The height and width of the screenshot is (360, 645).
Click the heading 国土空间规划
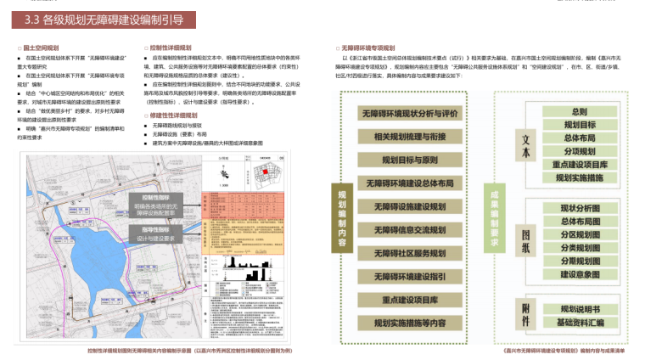click(x=42, y=48)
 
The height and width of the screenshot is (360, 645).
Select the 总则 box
click(x=580, y=111)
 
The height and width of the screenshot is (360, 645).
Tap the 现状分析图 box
click(x=580, y=208)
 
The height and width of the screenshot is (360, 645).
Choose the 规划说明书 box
click(x=580, y=309)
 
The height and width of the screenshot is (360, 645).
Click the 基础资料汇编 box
click(x=580, y=323)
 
